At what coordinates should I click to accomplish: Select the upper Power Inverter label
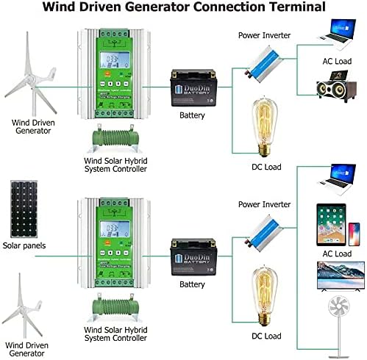point(264,34)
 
